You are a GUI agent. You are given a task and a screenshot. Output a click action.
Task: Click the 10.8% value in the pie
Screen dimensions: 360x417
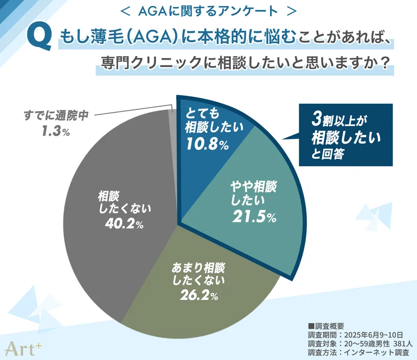(x=207, y=145)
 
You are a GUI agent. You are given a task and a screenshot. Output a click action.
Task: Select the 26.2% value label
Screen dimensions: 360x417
(x=197, y=296)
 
